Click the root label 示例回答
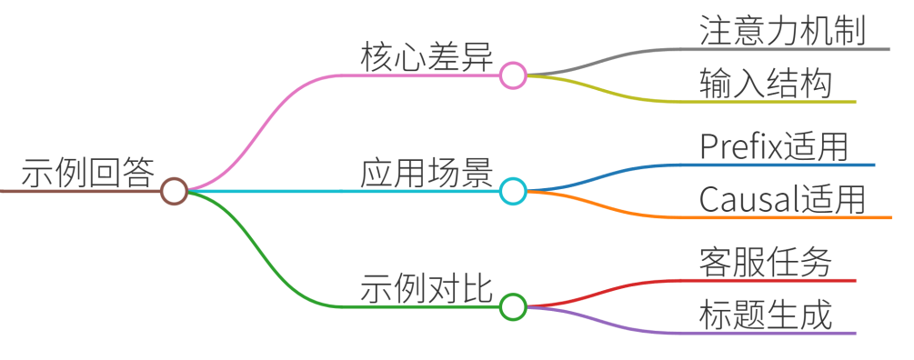click(88, 173)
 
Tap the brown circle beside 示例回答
click(174, 191)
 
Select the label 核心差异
click(427, 57)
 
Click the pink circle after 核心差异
click(513, 75)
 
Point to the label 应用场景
click(427, 174)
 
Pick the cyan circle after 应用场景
click(513, 191)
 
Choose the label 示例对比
click(427, 289)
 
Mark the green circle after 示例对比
click(513, 306)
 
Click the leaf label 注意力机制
click(783, 32)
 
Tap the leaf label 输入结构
click(766, 85)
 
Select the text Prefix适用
click(774, 147)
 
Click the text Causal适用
click(782, 200)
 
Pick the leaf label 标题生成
click(766, 315)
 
